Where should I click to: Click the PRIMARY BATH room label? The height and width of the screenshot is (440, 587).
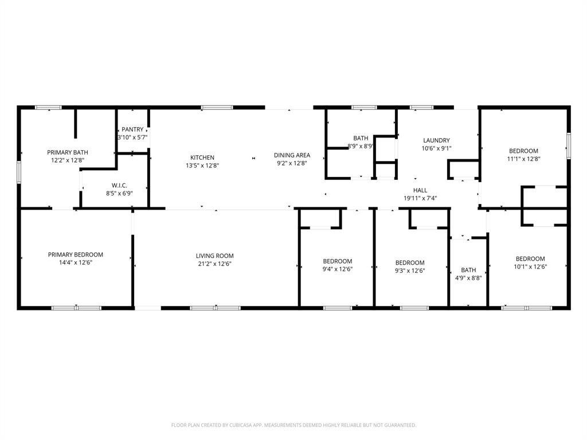pyautogui.click(x=67, y=152)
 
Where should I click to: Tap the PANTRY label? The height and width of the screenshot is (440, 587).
pyautogui.click(x=132, y=129)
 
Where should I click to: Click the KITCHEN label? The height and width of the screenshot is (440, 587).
pyautogui.click(x=202, y=158)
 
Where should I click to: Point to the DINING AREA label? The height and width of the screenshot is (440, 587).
pyautogui.click(x=292, y=155)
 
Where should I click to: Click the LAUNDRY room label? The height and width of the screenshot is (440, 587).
pyautogui.click(x=436, y=140)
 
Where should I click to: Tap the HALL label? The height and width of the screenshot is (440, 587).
pyautogui.click(x=420, y=190)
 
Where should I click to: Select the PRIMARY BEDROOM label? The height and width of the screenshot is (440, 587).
pyautogui.click(x=75, y=254)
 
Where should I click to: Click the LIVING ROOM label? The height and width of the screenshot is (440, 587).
pyautogui.click(x=214, y=256)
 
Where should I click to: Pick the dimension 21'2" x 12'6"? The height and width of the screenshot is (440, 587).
pyautogui.click(x=214, y=264)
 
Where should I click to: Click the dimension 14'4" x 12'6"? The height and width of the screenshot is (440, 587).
pyautogui.click(x=75, y=263)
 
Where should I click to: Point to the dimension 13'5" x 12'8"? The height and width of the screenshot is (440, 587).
pyautogui.click(x=202, y=166)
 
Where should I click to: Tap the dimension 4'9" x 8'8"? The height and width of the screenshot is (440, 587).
pyautogui.click(x=468, y=278)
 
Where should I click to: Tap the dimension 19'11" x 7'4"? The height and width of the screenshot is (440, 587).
pyautogui.click(x=420, y=198)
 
